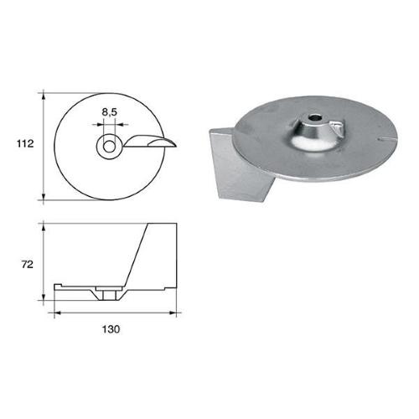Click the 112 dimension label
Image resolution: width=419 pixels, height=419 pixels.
click(x=23, y=144)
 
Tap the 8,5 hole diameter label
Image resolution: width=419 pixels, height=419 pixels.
click(x=110, y=110)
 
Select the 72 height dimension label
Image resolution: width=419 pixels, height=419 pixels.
click(x=25, y=265)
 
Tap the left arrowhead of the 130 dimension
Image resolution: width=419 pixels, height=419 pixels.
click(x=57, y=313)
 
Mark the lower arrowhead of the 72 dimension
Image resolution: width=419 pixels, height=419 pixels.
click(x=43, y=302)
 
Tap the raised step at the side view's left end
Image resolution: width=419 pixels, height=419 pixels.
click(x=59, y=287)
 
